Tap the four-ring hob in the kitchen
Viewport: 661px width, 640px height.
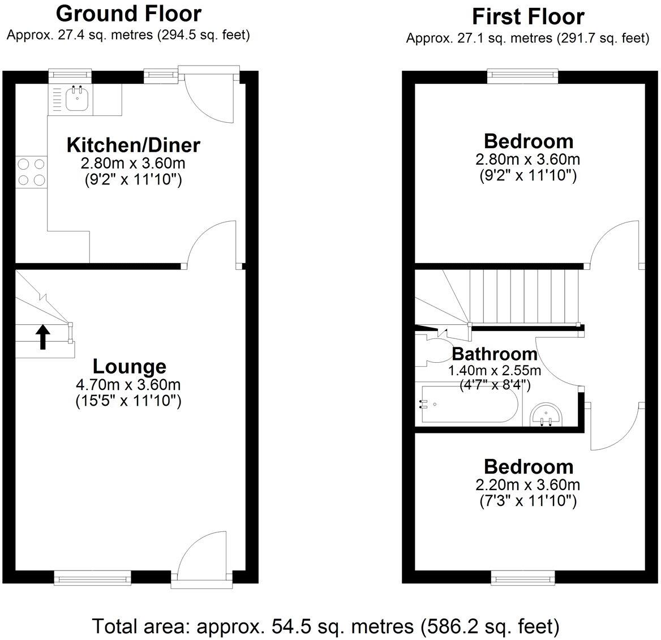31,172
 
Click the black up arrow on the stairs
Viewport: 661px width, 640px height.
43,338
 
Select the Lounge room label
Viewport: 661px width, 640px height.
130,367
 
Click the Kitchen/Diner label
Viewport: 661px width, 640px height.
134,145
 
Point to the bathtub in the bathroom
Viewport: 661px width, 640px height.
467,404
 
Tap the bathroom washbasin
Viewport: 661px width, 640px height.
547,415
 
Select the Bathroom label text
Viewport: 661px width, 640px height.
495,354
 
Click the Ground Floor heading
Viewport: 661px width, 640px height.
128,13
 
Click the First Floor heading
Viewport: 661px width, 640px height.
527,17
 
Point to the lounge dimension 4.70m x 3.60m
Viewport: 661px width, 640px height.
128,385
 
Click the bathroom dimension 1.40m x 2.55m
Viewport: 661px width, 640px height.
495,371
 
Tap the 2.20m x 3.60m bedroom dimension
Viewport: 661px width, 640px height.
528,485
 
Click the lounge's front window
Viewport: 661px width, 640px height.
91,577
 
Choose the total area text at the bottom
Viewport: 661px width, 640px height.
325,626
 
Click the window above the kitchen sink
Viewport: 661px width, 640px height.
69,74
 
